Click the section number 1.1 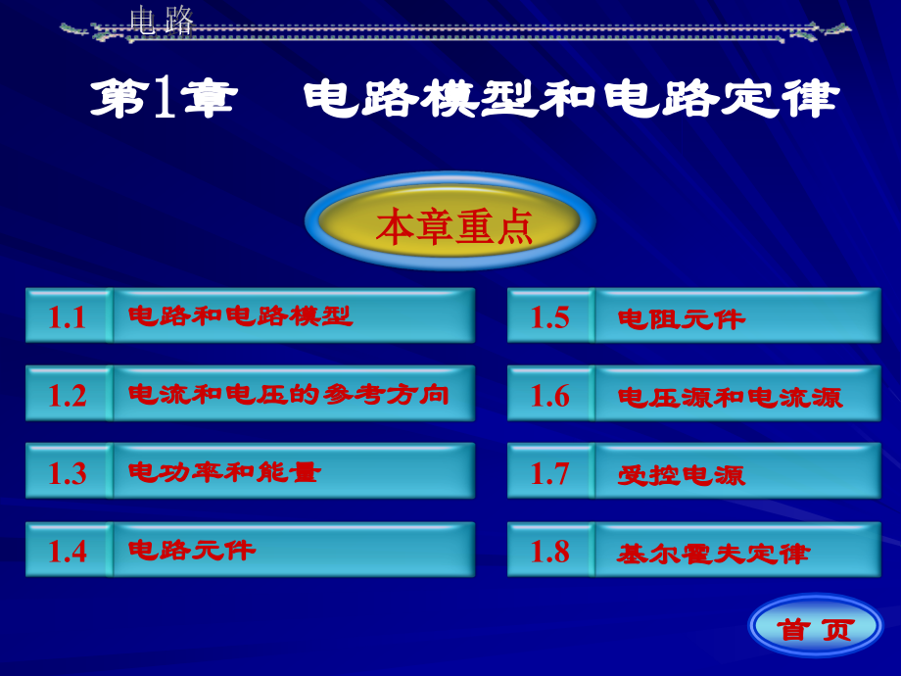pyautogui.click(x=68, y=316)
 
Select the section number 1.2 pyautogui.click(x=68, y=395)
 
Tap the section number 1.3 pyautogui.click(x=68, y=473)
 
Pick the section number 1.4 pyautogui.click(x=68, y=551)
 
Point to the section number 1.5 pyautogui.click(x=549, y=316)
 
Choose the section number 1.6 pyautogui.click(x=549, y=395)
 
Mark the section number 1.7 pyautogui.click(x=549, y=473)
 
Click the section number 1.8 pyautogui.click(x=549, y=551)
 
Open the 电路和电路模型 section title pyautogui.click(x=240, y=315)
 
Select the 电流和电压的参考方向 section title pyautogui.click(x=289, y=394)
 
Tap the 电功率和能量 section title pyautogui.click(x=224, y=472)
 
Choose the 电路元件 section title pyautogui.click(x=192, y=550)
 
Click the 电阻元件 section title pyautogui.click(x=681, y=318)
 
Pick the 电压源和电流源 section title pyautogui.click(x=730, y=397)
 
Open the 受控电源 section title pyautogui.click(x=681, y=475)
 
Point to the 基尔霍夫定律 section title pyautogui.click(x=713, y=554)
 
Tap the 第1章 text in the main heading pyautogui.click(x=163, y=99)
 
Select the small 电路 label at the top pyautogui.click(x=162, y=21)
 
